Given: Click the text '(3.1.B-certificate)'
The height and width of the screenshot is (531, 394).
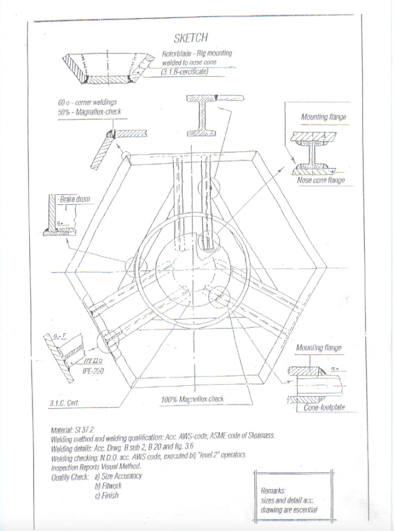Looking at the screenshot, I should (185, 72).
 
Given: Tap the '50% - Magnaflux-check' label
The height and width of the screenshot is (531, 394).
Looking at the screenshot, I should (90, 112).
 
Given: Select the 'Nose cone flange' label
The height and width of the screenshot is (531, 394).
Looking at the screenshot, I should (321, 180).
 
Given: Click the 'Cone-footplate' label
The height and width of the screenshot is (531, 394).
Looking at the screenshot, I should (324, 408).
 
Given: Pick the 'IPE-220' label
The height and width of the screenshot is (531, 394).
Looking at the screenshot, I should (93, 370).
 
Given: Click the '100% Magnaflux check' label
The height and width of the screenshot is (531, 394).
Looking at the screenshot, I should (193, 399).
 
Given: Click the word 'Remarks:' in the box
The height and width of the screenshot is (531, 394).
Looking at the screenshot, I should (273, 490).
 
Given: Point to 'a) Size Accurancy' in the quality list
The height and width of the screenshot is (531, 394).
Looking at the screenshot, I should (118, 476).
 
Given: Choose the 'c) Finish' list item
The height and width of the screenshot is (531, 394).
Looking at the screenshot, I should (106, 495).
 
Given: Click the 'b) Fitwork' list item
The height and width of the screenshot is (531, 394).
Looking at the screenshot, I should (108, 486).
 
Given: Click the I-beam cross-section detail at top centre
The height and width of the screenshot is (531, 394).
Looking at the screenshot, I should (201, 115).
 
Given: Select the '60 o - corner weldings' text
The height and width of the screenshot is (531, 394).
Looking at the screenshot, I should (87, 103).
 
